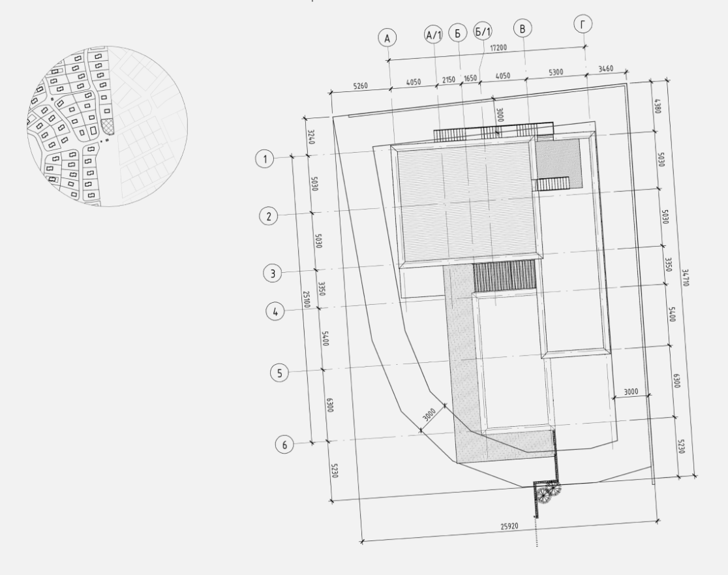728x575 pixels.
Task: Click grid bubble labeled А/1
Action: [x=434, y=35]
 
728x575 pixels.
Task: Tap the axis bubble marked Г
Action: [x=583, y=24]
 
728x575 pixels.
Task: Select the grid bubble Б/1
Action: [x=483, y=31]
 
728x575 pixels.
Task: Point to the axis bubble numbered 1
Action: [x=265, y=159]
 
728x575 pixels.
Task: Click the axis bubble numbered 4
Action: [x=275, y=311]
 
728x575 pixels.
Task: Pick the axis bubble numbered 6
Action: [x=284, y=444]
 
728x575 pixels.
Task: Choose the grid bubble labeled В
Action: [x=523, y=28]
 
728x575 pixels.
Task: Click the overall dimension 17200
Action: [x=498, y=48]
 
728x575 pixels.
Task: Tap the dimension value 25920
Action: [x=509, y=526]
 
